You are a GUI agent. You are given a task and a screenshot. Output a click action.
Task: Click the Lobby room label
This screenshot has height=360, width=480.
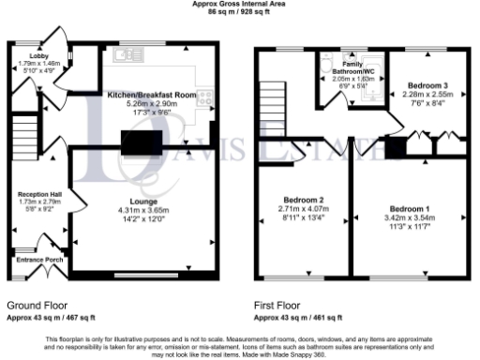tap(26, 56)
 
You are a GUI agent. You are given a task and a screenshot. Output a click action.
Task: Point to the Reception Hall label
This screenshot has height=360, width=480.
tap(38, 195)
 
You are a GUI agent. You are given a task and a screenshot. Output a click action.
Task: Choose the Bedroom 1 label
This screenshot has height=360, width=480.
tap(410, 208)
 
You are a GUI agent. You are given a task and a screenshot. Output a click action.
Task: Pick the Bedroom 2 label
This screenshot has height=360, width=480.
tap(304, 201)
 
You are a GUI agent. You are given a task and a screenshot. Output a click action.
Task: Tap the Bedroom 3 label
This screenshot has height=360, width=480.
tap(418, 85)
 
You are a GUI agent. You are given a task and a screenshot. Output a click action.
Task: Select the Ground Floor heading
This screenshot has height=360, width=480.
tap(36, 306)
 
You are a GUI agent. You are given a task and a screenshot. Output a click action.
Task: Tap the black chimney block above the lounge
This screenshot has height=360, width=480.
tap(140, 142)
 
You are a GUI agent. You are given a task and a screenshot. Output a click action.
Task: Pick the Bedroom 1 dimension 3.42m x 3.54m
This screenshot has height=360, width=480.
tap(410, 217)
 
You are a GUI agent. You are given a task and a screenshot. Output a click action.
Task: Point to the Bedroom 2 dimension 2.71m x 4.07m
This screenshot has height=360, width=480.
tap(304, 210)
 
